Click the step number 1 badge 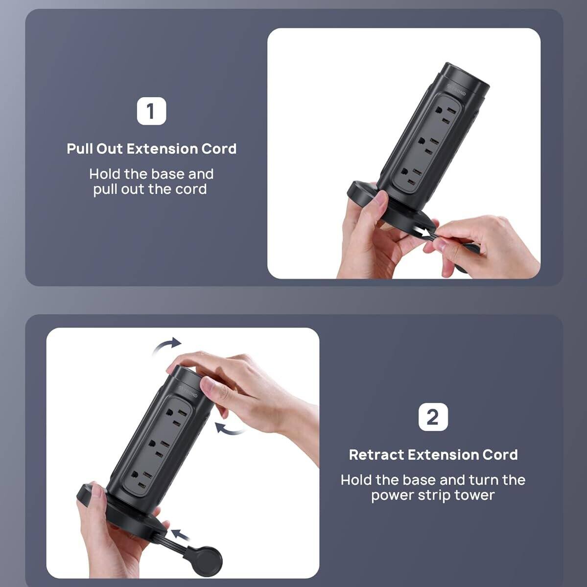(x=151, y=112)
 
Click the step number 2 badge (x=433, y=417)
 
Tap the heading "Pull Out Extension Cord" (x=151, y=149)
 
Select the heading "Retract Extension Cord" (x=433, y=455)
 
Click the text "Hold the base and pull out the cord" (x=151, y=182)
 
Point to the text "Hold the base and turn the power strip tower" (x=433, y=487)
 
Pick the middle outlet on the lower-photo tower (x=156, y=447)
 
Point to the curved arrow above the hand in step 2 (x=166, y=345)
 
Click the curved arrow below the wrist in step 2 (x=230, y=429)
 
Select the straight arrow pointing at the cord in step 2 (x=182, y=534)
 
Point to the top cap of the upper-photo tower (x=467, y=78)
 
